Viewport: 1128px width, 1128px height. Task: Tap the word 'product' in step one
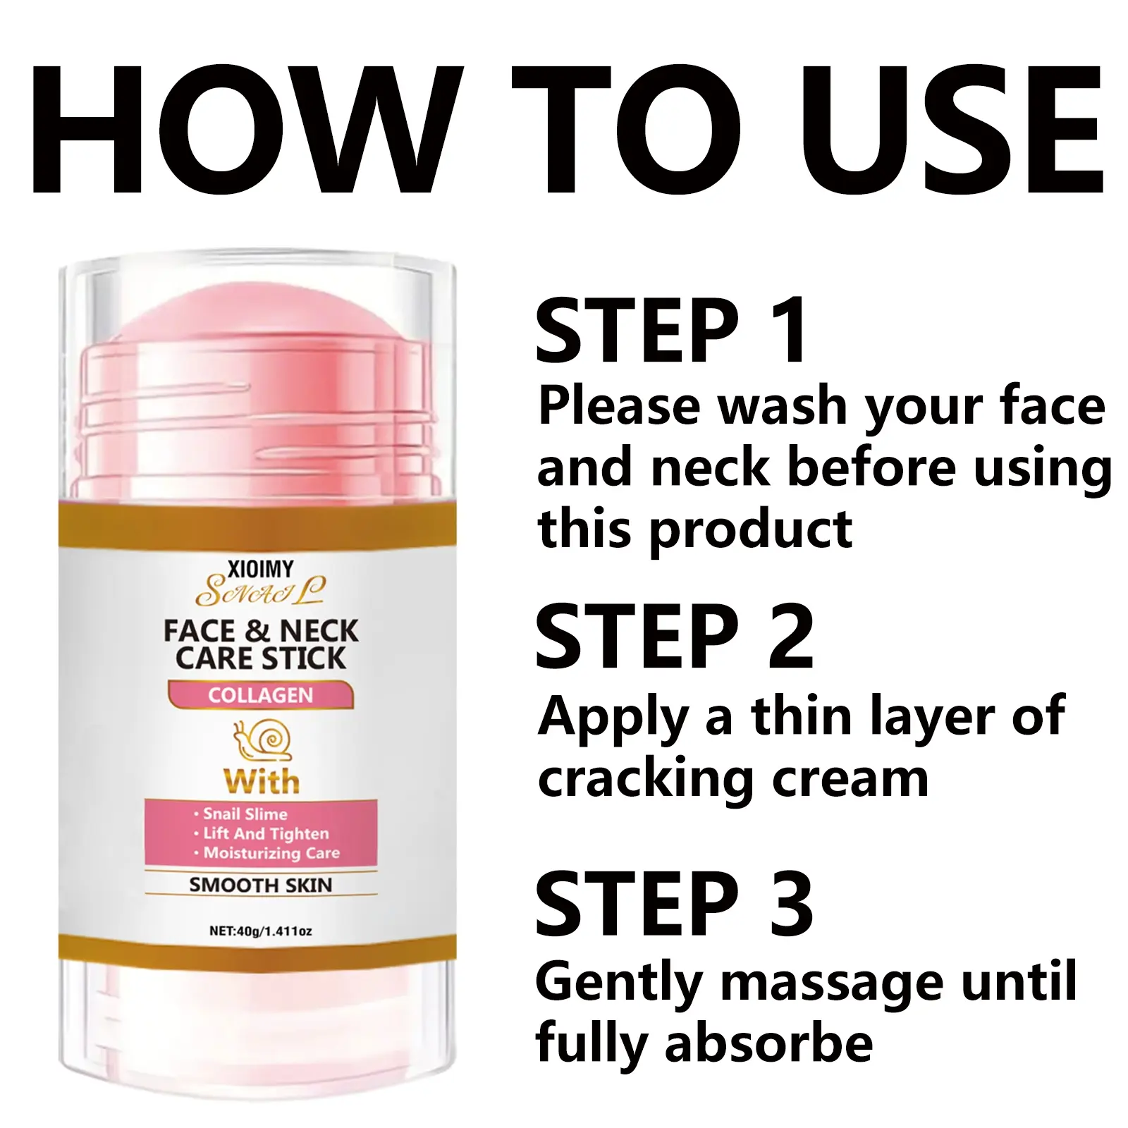click(x=750, y=530)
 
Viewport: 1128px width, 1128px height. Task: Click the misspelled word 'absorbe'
click(x=768, y=1043)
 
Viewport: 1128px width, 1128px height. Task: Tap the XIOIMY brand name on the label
click(x=261, y=568)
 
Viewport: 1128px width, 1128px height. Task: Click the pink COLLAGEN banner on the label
click(x=260, y=695)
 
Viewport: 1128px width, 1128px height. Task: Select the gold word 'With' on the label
click(x=261, y=782)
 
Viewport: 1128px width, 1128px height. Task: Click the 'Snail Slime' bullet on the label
click(x=241, y=814)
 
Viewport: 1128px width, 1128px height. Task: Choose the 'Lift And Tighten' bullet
click(x=262, y=833)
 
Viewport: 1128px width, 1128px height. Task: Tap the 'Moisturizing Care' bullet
click(x=267, y=853)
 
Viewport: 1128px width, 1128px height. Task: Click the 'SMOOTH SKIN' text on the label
click(x=260, y=885)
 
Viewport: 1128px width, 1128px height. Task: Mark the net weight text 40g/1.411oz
click(x=261, y=931)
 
